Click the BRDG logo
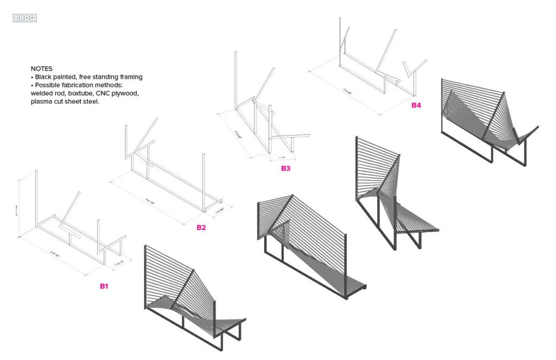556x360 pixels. [x=24, y=18]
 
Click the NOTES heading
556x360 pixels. [x=41, y=69]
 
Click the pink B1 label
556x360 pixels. [x=104, y=286]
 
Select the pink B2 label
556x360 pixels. [x=201, y=227]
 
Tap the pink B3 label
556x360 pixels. [x=286, y=168]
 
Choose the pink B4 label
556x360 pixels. [x=416, y=105]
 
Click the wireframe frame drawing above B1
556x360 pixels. [x=76, y=223]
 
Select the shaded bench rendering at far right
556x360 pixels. [x=486, y=122]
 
